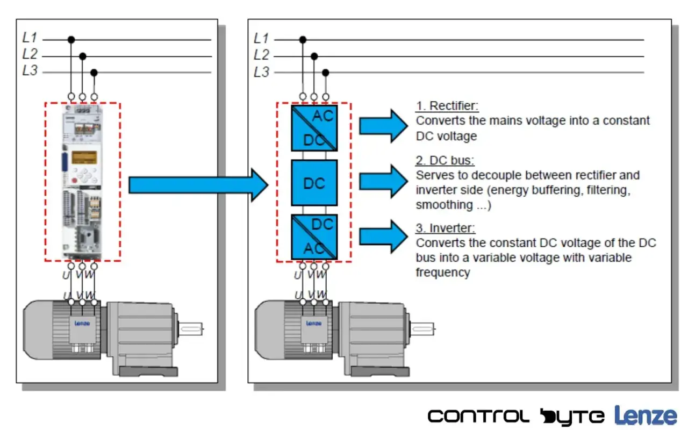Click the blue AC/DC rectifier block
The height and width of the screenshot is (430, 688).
pyautogui.click(x=314, y=128)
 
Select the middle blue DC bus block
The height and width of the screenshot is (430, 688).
pyautogui.click(x=314, y=183)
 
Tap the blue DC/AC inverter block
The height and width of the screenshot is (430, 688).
pyautogui.click(x=314, y=237)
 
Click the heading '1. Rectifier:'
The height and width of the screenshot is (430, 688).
pyautogui.click(x=447, y=106)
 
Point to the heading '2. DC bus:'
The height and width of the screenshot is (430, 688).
pyautogui.click(x=445, y=161)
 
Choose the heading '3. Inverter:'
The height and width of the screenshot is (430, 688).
pyautogui.click(x=446, y=228)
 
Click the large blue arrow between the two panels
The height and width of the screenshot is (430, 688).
pyautogui.click(x=198, y=185)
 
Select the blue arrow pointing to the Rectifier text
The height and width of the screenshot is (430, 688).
pyautogui.click(x=384, y=126)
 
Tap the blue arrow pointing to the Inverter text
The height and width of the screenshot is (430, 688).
pyautogui.click(x=384, y=237)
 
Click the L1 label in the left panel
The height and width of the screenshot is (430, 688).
pyautogui.click(x=30, y=38)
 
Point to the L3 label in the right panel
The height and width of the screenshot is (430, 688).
pyautogui.click(x=261, y=72)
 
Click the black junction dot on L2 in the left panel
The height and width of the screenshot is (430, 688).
pyautogui.click(x=83, y=56)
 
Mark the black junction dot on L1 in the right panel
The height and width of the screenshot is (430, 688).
pyautogui.click(x=303, y=40)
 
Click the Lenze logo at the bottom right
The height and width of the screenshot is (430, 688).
pyautogui.click(x=646, y=415)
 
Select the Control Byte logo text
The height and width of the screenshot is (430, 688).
pyautogui.click(x=516, y=417)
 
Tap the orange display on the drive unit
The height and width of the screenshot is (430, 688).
pyautogui.click(x=84, y=158)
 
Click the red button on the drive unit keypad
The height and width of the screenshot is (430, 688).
pyautogui.click(x=74, y=181)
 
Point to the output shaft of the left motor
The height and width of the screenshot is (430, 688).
pyautogui.click(x=190, y=329)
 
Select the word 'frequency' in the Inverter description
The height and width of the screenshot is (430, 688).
pyautogui.click(x=443, y=273)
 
